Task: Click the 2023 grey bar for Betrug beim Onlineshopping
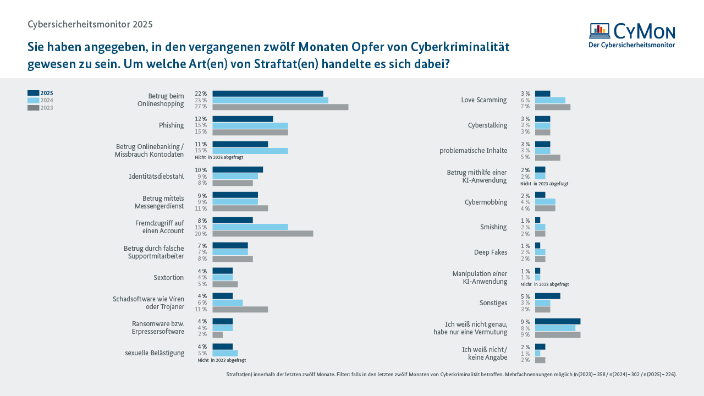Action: pos(280,107)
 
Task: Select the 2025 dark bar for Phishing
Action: pos(243,119)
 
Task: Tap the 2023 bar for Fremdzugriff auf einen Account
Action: pos(263,234)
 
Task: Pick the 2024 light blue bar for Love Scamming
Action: pos(550,100)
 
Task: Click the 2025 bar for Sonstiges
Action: pos(547,296)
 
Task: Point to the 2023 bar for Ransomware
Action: pos(218,334)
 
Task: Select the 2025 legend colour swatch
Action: pos(33,93)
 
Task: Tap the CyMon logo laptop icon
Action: pos(599,31)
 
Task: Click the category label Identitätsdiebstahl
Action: pos(156,177)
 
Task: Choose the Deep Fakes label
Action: pos(491,252)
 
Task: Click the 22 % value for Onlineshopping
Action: pos(201,94)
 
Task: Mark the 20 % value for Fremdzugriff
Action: pos(201,234)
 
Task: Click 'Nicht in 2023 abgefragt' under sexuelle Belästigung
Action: pos(222,360)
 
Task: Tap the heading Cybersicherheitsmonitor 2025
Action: pos(90,24)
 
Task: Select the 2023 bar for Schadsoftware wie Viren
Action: pos(240,309)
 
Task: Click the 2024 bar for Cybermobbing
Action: pos(545,202)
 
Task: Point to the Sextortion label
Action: pos(169,278)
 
